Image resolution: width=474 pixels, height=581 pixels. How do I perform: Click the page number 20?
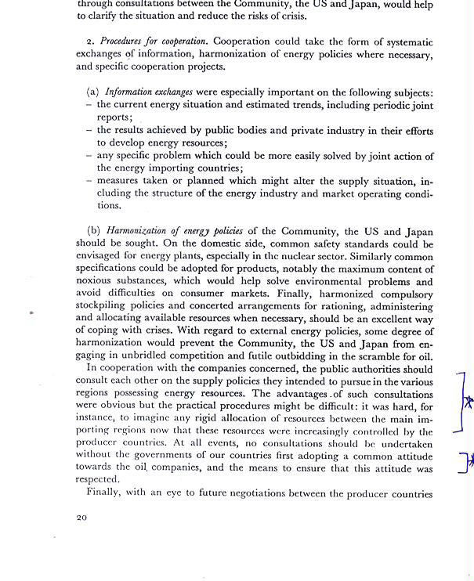point(82,518)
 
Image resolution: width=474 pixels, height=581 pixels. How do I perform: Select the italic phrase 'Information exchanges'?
point(149,92)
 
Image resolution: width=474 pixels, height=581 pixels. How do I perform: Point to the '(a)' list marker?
point(92,92)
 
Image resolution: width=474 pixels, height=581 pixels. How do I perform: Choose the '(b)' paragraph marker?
point(93,231)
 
